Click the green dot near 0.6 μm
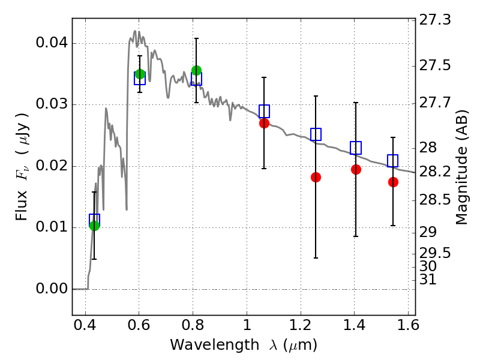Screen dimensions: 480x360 [x=140, y=74]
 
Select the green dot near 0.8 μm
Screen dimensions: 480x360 [x=197, y=70]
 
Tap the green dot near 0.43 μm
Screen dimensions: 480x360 [x=95, y=226]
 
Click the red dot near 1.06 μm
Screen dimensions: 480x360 [x=264, y=124]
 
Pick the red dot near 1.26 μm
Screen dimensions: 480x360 [x=316, y=177]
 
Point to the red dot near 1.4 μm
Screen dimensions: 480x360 [x=356, y=169]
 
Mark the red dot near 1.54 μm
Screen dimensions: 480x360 [x=393, y=182]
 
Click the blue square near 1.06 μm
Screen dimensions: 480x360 [x=264, y=111]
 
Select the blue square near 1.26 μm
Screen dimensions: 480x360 [x=316, y=134]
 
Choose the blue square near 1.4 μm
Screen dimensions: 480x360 [x=356, y=148]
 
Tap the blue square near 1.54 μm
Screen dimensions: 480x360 [x=393, y=161]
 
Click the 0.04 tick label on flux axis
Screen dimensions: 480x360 [x=52, y=42]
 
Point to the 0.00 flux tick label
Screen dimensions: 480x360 [x=52, y=289]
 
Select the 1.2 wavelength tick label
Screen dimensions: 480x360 [x=301, y=325]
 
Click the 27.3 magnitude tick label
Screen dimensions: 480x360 [x=434, y=20]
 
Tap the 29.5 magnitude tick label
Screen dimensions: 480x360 [x=434, y=253]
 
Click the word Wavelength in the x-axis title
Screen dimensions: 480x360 [x=215, y=344]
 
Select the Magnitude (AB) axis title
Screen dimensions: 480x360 [x=461, y=167]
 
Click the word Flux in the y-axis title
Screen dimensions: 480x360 [x=21, y=205]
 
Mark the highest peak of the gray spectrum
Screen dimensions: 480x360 [x=135, y=31]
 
